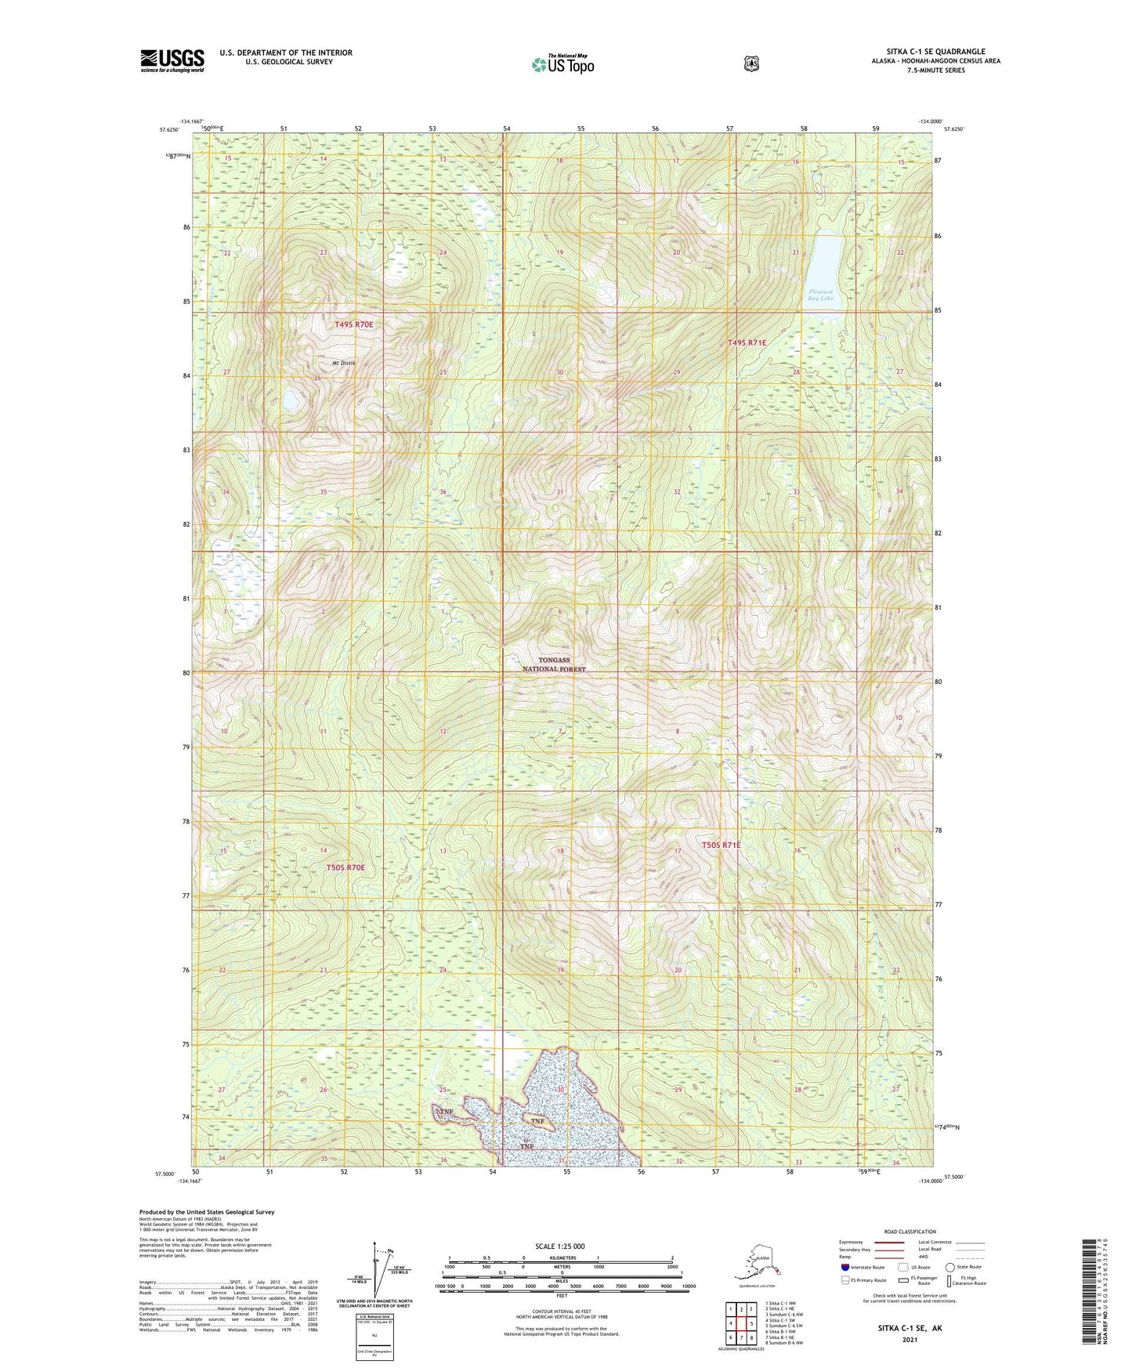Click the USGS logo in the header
[x=172, y=60]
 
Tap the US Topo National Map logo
[x=562, y=63]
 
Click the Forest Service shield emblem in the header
[x=751, y=63]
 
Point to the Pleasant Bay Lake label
[x=822, y=295]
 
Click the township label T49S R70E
[x=354, y=324]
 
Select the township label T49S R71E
[x=747, y=342]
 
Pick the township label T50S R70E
[x=345, y=867]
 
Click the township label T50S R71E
[x=721, y=845]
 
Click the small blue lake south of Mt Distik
[x=290, y=400]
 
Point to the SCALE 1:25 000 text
[x=559, y=1246]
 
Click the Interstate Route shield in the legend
[x=844, y=1267]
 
